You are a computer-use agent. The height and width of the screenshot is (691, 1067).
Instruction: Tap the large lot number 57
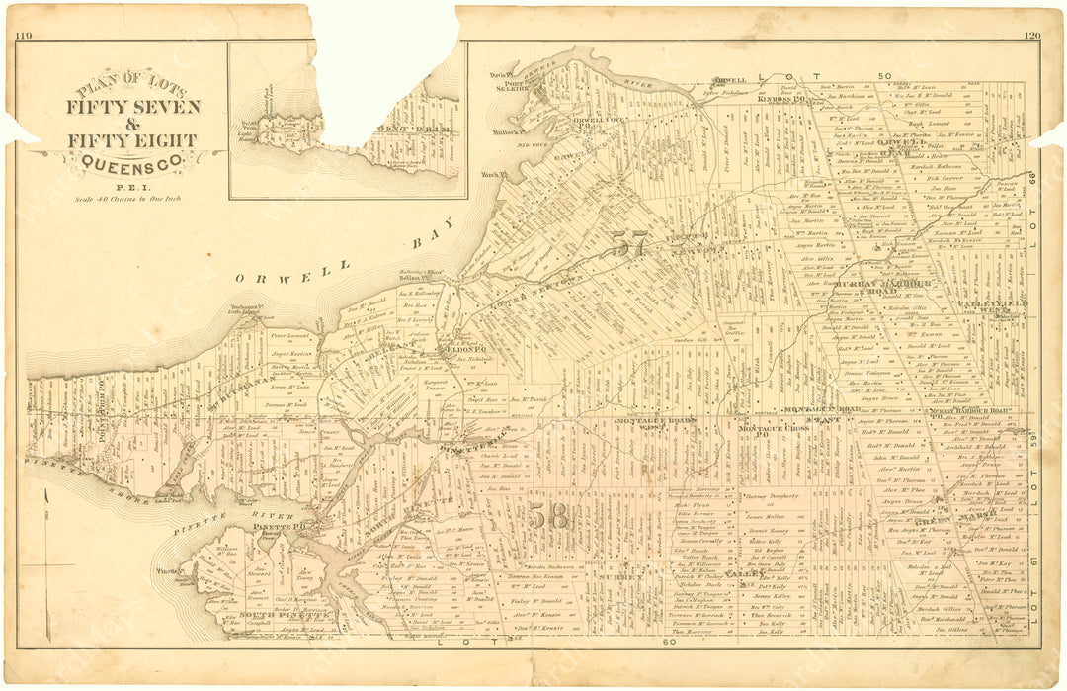tap(628, 243)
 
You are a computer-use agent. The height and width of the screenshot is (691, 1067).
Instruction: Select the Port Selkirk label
tap(512, 86)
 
